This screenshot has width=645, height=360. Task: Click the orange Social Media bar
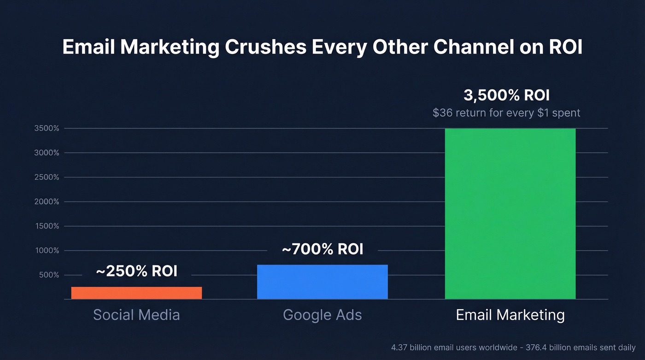[x=136, y=293]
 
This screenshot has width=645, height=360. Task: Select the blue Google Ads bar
[x=322, y=282]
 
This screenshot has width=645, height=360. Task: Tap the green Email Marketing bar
[x=510, y=213]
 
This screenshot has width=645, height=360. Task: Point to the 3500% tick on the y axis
[x=47, y=129]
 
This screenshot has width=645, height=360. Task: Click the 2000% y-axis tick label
[x=47, y=202]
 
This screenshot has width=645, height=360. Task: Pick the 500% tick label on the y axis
[x=48, y=275]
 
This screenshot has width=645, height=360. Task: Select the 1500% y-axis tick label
[x=47, y=226]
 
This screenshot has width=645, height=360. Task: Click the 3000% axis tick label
[x=47, y=153]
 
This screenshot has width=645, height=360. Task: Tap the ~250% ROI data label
[x=136, y=271]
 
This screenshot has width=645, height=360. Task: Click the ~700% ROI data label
[x=322, y=249]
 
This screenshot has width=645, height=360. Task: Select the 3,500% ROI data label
[x=506, y=96]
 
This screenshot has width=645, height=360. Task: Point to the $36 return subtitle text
[x=506, y=112]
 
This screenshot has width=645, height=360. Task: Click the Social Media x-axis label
[x=136, y=315]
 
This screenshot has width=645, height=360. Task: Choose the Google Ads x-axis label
[x=322, y=315]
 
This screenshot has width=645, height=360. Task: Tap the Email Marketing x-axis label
[x=510, y=315]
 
